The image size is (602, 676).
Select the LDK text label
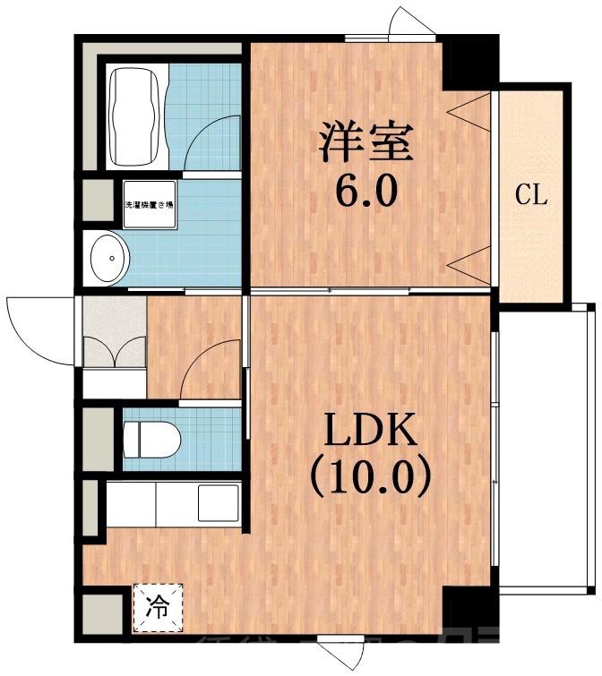tap(369, 433)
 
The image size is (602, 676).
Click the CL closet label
tap(530, 196)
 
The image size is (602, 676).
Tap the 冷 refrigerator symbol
tap(158, 606)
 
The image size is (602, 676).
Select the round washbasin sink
tap(107, 258)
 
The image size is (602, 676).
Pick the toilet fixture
tap(151, 439)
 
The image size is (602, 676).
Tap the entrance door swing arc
tap(36, 322)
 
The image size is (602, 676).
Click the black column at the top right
tap(468, 64)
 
